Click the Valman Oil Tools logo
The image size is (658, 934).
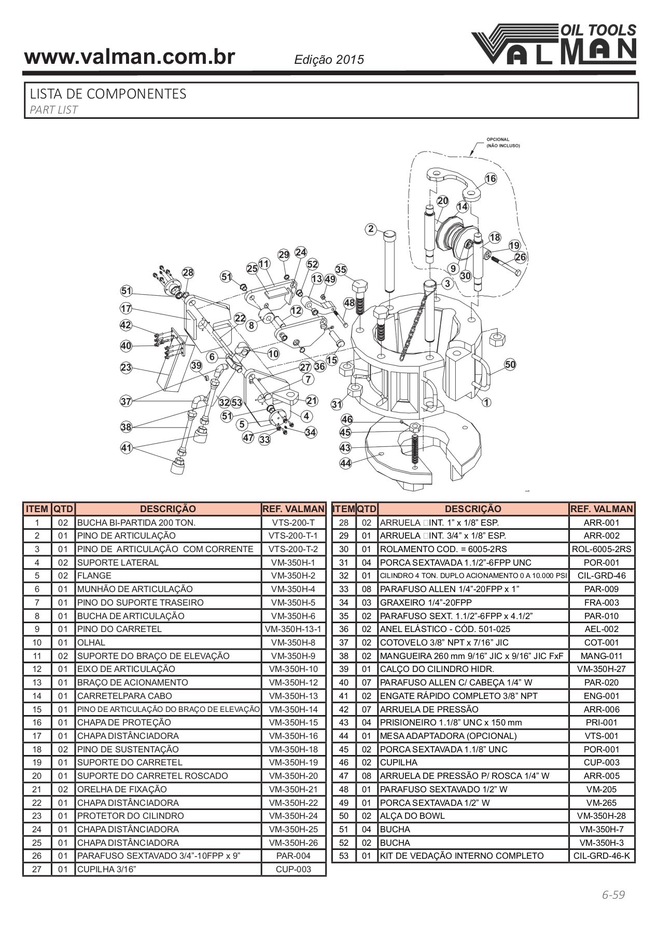(554, 45)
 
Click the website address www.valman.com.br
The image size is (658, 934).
(130, 57)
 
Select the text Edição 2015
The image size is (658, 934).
(329, 60)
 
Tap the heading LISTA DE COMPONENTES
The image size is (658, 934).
(108, 94)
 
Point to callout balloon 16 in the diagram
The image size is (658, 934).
(491, 179)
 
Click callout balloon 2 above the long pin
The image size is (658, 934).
(370, 229)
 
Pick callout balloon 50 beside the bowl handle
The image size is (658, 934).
(510, 364)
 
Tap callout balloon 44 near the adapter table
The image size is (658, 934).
(345, 463)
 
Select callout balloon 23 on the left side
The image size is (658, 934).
(126, 368)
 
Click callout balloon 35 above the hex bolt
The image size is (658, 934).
(341, 270)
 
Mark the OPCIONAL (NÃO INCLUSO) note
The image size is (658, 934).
(502, 143)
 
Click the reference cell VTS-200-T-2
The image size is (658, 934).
(293, 549)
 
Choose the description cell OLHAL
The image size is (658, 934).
(91, 642)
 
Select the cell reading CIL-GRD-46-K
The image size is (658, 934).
(601, 856)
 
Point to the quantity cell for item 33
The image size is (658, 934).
(367, 589)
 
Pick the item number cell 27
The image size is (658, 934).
(37, 869)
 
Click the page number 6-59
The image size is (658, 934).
(613, 895)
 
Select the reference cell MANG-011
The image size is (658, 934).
(601, 656)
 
